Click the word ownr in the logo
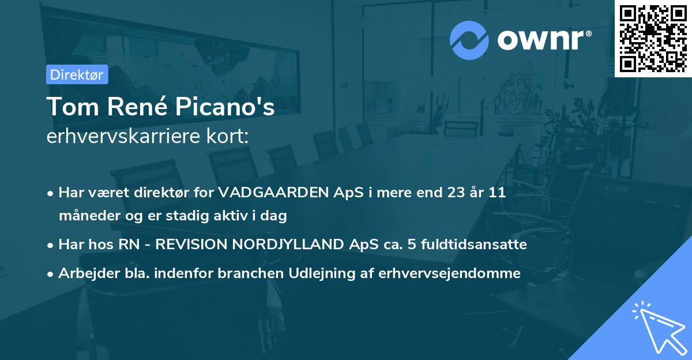point(543,40)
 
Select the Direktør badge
point(76,74)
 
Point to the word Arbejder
point(83,273)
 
